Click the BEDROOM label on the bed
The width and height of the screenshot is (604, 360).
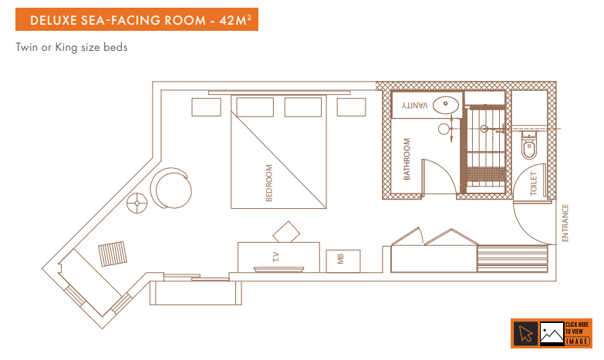[269, 183]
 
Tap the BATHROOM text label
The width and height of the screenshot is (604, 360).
[407, 159]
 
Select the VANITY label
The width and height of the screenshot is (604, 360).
[414, 105]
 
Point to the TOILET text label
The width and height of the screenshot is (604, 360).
[534, 183]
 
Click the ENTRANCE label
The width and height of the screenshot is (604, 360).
[565, 223]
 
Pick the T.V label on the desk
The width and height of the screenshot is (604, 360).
[276, 257]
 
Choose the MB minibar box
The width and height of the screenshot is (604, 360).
[343, 261]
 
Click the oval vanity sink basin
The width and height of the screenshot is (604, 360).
[446, 104]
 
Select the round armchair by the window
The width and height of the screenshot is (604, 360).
[171, 189]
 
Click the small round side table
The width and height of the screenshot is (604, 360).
[137, 203]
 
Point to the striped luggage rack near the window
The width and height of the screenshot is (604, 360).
[113, 254]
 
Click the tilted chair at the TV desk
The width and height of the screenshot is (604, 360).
[286, 232]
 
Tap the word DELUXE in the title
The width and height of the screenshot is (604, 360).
[53, 20]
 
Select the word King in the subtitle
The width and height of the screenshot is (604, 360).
[66, 47]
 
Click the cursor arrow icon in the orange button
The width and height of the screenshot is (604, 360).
[525, 334]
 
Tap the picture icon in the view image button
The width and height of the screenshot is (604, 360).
[552, 333]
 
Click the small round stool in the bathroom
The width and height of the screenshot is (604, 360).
[444, 129]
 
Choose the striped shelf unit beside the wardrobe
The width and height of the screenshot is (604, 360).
[513, 258]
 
